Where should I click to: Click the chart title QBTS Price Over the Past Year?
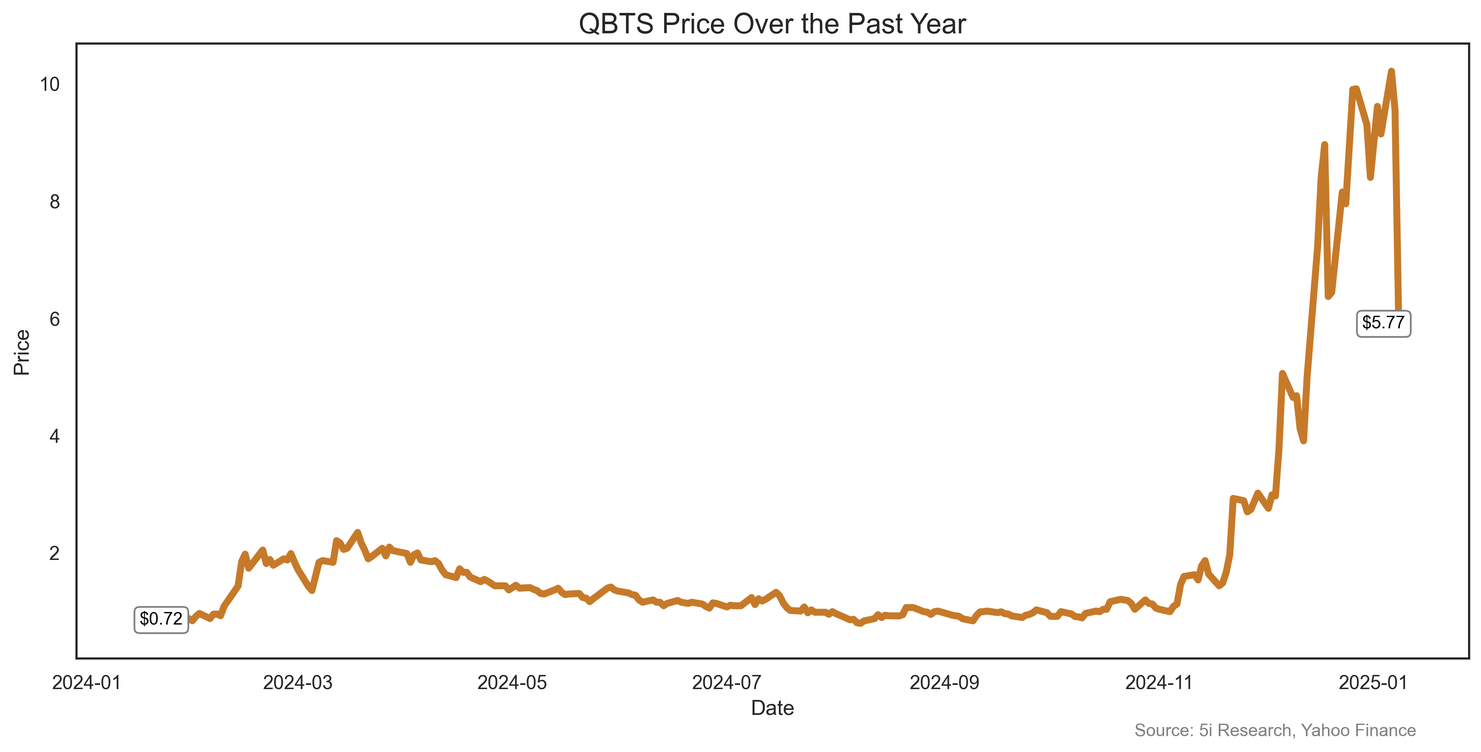(x=772, y=24)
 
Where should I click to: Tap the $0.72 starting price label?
(x=161, y=619)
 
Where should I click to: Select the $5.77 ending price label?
(x=1383, y=322)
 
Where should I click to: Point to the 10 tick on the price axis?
(x=50, y=85)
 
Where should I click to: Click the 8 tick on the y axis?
(x=55, y=202)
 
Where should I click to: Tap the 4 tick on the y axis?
(x=55, y=436)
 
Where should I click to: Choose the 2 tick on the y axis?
(x=55, y=553)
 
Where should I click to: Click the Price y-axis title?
(x=22, y=352)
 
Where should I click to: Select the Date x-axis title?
(x=772, y=708)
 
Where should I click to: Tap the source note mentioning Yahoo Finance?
(x=1275, y=730)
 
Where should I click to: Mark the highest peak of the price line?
(x=1391, y=71)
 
